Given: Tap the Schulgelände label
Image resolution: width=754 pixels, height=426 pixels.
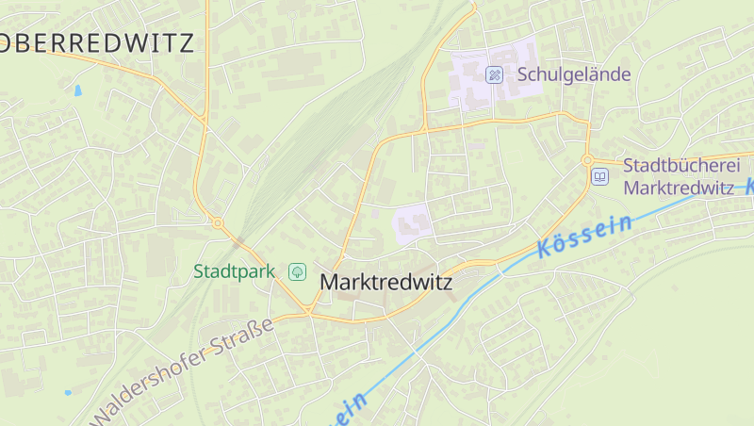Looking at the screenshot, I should pos(573,74).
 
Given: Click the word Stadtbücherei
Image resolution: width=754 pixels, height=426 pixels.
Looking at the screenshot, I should pos(676,166).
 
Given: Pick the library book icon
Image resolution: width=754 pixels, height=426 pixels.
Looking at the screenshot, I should pos(600,176).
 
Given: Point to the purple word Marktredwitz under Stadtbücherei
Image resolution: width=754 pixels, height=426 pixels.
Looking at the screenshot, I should pos(679,187).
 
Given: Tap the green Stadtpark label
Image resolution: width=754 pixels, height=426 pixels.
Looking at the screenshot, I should pos(234,271).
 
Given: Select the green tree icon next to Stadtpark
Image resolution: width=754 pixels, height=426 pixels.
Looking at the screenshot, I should pos(297,271).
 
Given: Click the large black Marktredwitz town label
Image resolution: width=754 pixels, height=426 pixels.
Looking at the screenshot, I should pos(386,282).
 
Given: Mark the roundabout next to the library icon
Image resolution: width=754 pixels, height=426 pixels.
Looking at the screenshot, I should pos(586,160).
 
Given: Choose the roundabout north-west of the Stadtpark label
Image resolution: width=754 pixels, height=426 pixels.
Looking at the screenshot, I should pos(218,223).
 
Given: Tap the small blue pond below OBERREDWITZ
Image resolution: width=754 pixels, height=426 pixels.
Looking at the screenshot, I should pos(77,91).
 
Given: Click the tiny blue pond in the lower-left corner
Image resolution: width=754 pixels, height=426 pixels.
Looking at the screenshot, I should pos(67,392).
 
